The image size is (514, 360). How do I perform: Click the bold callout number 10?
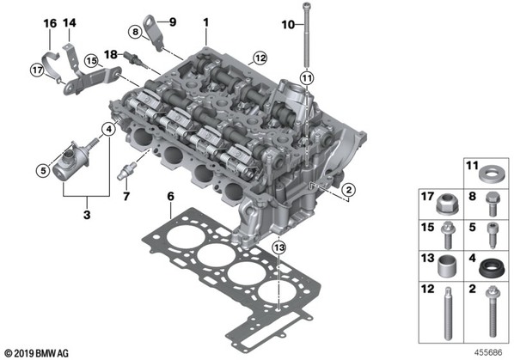288,25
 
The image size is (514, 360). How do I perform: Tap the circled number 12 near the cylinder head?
260,58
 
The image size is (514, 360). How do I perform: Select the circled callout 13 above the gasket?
279,247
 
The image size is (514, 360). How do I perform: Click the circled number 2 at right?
348,190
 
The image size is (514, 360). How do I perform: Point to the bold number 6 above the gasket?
171,197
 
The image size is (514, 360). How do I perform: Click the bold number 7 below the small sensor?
126,196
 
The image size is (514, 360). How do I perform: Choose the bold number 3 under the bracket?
87,215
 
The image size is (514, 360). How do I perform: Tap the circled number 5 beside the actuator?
43,170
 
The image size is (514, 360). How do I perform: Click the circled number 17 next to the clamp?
37,70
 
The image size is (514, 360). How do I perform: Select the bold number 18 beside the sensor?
111,54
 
